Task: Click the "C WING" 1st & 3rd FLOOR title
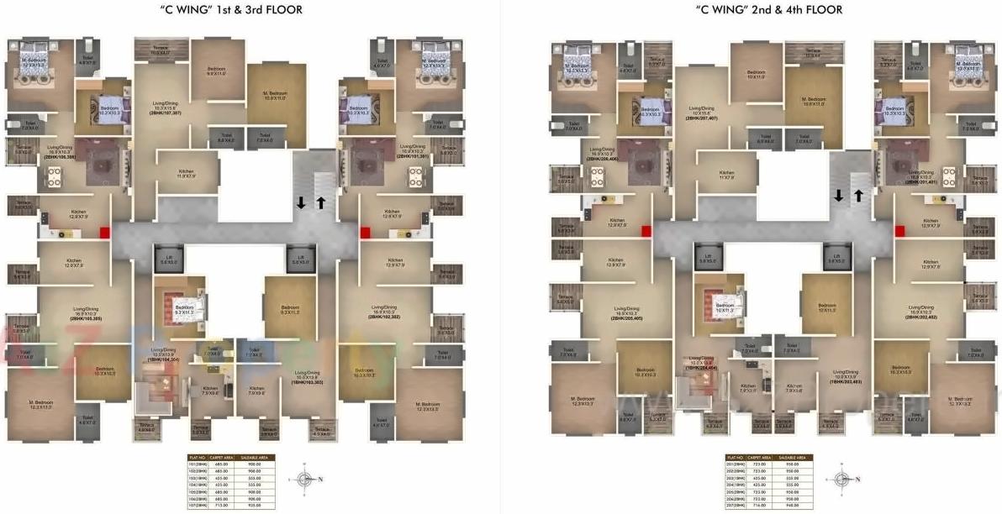pyautogui.click(x=220, y=10)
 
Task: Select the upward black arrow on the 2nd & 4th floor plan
pyautogui.click(x=858, y=197)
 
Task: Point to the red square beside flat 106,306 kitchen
pyautogui.click(x=105, y=233)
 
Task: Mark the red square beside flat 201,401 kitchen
pyautogui.click(x=899, y=231)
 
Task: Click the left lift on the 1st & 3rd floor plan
pyautogui.click(x=165, y=259)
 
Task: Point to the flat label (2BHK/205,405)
pyautogui.click(x=626, y=319)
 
